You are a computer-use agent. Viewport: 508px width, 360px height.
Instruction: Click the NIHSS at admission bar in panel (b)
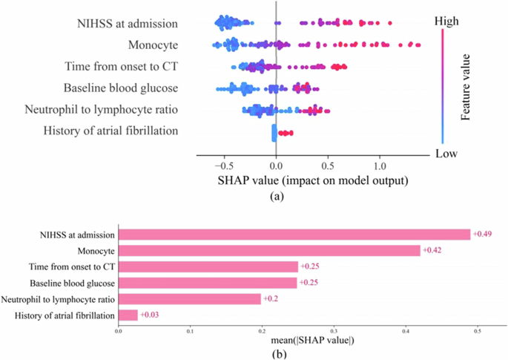(294, 235)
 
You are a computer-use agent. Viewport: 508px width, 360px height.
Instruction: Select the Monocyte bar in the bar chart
(269, 251)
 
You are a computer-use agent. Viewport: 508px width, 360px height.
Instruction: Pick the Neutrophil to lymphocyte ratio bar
(190, 299)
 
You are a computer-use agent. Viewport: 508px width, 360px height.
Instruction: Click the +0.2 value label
(271, 299)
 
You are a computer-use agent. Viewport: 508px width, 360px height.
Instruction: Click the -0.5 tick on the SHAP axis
(222, 166)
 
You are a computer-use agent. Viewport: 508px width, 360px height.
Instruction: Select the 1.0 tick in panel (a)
(380, 166)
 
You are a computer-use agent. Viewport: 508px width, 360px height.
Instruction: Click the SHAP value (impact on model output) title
(314, 180)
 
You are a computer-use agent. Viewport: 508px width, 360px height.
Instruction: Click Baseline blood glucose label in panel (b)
(72, 283)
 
